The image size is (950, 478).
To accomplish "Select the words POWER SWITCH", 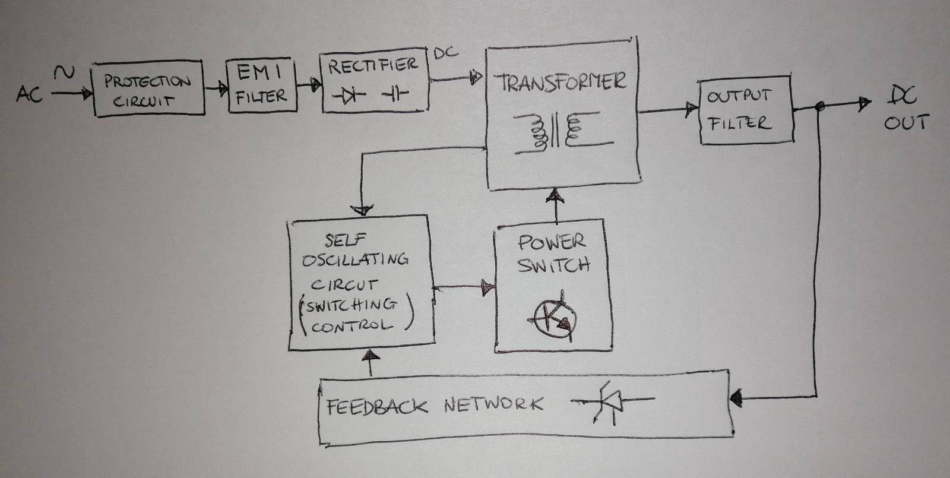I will [552, 253].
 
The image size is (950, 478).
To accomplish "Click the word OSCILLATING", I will [355, 259].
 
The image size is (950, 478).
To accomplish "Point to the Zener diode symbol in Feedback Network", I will [612, 403].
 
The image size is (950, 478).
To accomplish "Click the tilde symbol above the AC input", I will [64, 73].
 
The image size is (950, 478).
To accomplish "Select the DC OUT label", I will [904, 109].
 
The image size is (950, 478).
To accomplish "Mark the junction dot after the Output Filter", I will [820, 107].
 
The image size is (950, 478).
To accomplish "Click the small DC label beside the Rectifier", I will [446, 53].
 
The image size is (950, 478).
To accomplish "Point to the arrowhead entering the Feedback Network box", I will [737, 397].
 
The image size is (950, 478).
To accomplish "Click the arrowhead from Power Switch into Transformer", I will [556, 195].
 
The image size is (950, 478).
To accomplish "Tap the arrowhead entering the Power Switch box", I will [488, 289].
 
